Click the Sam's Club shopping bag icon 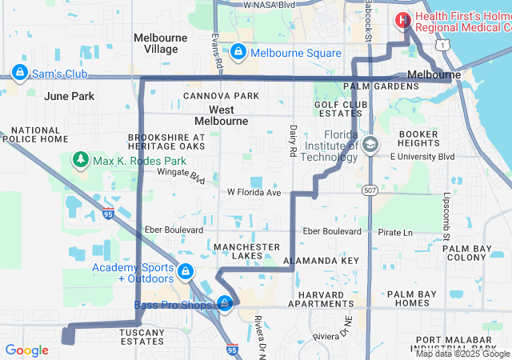(x=18, y=74)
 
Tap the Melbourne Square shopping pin (x=238, y=53)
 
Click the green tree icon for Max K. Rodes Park (x=80, y=161)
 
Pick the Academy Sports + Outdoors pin (x=186, y=272)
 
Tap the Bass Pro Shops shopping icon (x=226, y=304)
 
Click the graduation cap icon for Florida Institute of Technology (x=370, y=145)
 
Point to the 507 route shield (x=369, y=190)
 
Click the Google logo (x=26, y=350)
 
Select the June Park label (x=70, y=96)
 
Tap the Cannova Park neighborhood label (x=221, y=96)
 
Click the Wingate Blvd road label (x=182, y=172)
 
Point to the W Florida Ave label (x=254, y=192)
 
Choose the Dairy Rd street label (x=294, y=139)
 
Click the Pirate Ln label (x=395, y=233)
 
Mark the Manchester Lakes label (x=246, y=251)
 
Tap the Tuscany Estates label (x=142, y=336)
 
